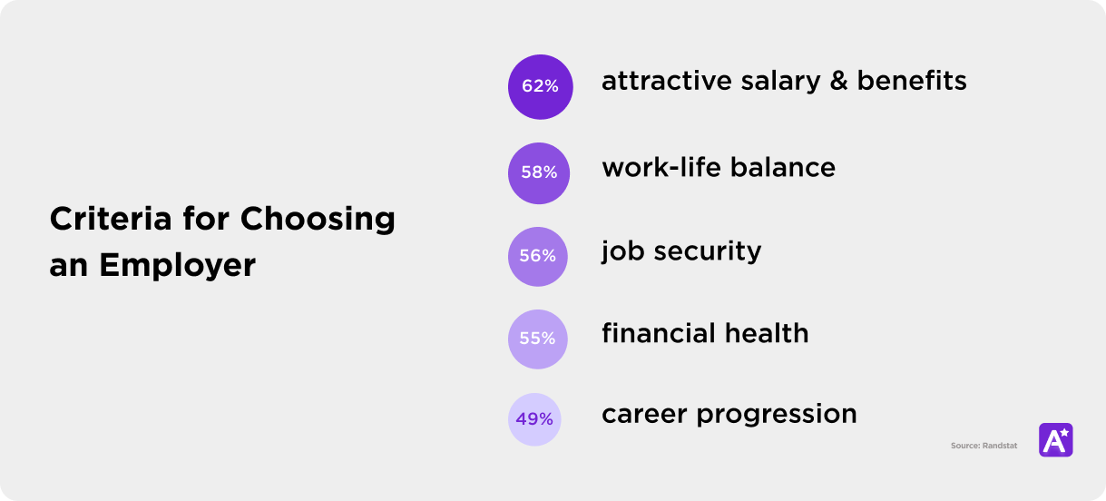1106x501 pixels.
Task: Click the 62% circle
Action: click(540, 86)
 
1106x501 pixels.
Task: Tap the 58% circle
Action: click(539, 172)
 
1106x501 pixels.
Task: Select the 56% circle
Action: click(538, 256)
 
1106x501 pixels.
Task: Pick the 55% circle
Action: click(537, 339)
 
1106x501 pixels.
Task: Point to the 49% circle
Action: click(535, 419)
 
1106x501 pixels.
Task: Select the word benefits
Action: click(912, 82)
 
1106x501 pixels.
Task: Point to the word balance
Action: click(783, 168)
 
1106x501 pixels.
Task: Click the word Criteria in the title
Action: click(98, 220)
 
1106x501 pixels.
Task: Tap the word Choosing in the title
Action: click(318, 220)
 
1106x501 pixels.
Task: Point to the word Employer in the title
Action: click(177, 266)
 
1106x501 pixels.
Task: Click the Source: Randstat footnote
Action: click(984, 446)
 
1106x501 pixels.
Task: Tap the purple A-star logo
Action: click(1055, 439)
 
